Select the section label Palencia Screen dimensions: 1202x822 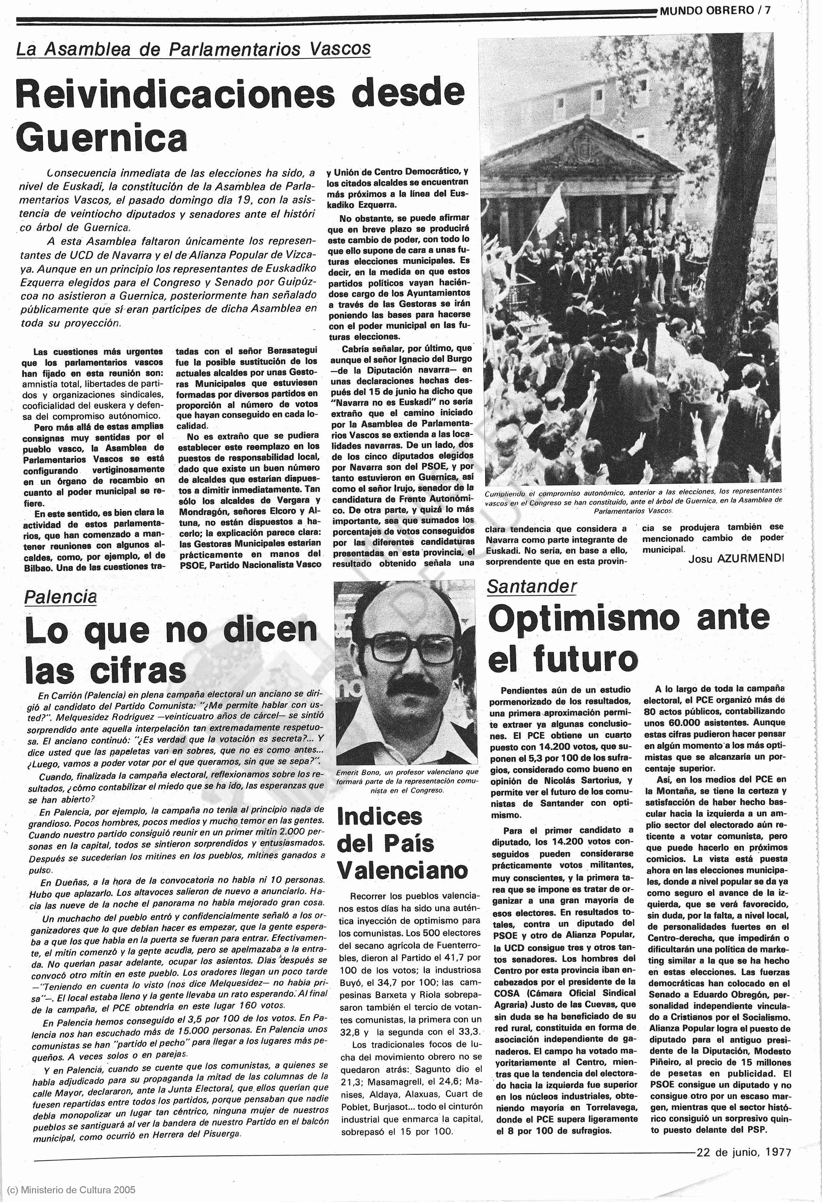(61, 597)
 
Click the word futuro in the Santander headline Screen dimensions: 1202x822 (586, 659)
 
